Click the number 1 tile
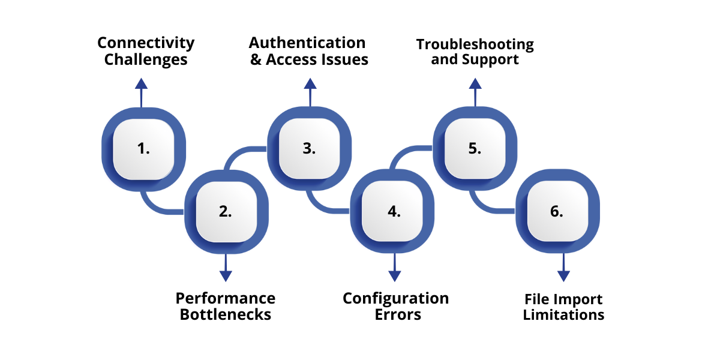(x=143, y=149)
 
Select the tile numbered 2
(x=226, y=211)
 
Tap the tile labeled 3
(x=309, y=149)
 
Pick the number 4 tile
(x=394, y=211)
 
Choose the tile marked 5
(x=475, y=149)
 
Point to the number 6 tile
(x=557, y=211)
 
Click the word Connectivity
(x=146, y=43)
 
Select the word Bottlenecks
(x=226, y=314)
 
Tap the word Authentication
(x=307, y=43)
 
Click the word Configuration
(x=395, y=298)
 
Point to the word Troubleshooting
(x=475, y=44)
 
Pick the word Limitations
(x=563, y=315)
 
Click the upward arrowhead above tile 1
(x=141, y=83)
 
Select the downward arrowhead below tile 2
(x=226, y=275)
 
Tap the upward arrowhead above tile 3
(x=310, y=83)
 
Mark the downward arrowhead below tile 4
(x=394, y=275)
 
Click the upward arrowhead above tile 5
(x=475, y=83)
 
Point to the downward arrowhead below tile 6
(x=563, y=275)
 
